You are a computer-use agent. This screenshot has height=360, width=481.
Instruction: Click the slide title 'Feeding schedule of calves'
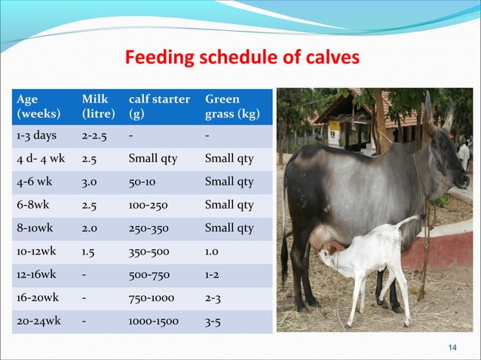coord(242,57)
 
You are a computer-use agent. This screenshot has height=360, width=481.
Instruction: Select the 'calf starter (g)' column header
coord(159,107)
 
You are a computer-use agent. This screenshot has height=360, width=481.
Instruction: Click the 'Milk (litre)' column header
coord(98,107)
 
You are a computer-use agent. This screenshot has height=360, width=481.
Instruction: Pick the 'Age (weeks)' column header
coord(37,107)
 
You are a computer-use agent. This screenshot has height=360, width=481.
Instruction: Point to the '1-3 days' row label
coord(35,136)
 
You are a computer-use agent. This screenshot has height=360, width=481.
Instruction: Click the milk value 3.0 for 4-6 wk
coord(90,182)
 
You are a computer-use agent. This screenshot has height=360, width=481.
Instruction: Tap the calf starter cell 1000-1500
coord(154,321)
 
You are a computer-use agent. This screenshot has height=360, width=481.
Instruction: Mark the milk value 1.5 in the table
coord(89,252)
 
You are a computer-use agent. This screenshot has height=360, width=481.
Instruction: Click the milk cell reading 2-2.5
coord(94,136)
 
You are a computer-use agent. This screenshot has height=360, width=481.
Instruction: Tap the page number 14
coord(452,346)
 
